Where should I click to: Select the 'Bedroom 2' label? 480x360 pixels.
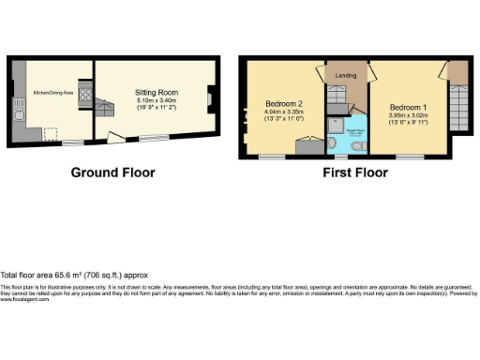point(282,103)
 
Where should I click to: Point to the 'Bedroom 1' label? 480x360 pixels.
point(407,107)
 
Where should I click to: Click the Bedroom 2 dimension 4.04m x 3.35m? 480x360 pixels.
point(282,113)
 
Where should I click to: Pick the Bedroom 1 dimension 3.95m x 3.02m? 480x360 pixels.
point(407,116)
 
